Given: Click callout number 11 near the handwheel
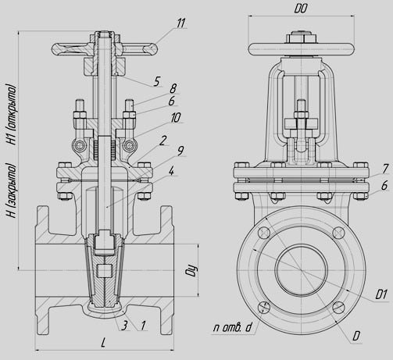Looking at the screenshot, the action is point(180,23).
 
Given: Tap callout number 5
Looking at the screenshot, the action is point(156,81).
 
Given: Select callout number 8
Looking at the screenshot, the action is point(173,88).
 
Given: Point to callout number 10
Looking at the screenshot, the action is point(176,117).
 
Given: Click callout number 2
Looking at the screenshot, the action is point(163,141).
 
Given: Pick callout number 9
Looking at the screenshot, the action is point(180,151).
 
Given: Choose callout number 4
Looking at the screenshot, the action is point(171,171).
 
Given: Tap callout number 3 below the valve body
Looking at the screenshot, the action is point(125,326).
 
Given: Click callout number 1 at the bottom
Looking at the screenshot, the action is point(143,326).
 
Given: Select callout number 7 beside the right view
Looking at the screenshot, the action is point(385,169).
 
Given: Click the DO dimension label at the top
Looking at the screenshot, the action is point(301,9).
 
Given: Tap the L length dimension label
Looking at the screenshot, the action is point(103,343).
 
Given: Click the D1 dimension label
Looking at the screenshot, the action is point(380,294).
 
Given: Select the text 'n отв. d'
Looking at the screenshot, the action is point(233,328).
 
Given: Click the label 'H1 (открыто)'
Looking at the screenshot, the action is point(12,114).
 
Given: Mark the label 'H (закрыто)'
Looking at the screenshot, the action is point(12,191).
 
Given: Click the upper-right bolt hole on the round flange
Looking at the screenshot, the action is point(339,233).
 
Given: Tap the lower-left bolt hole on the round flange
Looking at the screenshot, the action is point(264,307).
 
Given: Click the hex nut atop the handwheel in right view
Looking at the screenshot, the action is point(302,37).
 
